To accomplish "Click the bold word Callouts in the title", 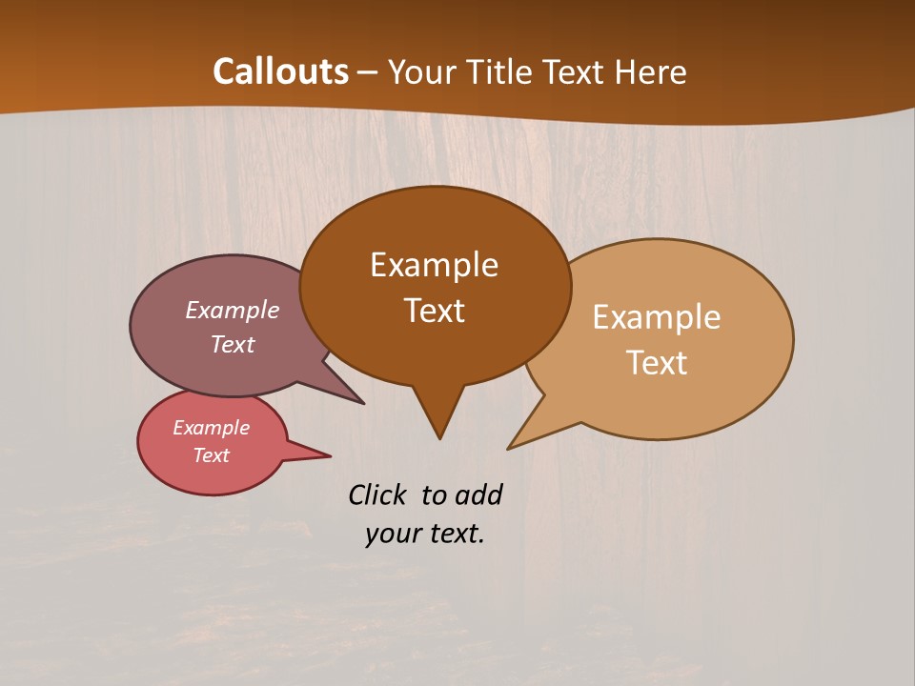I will pos(280,71).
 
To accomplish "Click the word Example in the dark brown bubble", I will pos(434,265).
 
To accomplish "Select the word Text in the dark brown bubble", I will pos(434,311).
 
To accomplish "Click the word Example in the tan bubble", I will pos(657,317).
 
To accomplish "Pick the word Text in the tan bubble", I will pos(657,363).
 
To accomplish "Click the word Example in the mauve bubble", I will pos(233,310).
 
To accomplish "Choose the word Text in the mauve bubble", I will pos(233,344).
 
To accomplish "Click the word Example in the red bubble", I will pos(211,428).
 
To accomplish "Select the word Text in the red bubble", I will pos(211,455).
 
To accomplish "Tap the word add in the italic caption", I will pos(478,494).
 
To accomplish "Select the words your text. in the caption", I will pos(424,534).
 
